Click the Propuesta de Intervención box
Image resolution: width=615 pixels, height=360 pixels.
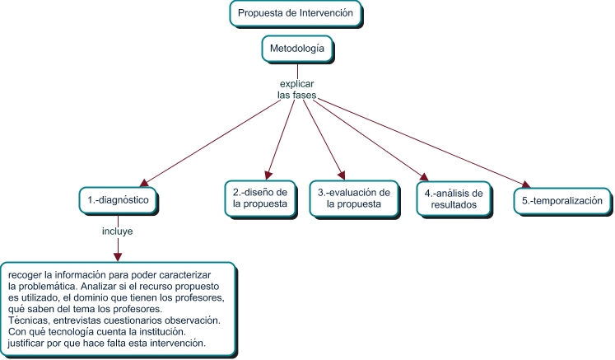tap(295, 13)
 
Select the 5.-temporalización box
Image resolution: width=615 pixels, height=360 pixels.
tap(563, 199)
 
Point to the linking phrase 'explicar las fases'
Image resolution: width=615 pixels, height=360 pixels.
tap(296, 90)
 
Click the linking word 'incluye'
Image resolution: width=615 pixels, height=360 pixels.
tap(118, 231)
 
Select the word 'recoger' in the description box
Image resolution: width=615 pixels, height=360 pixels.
tap(28, 273)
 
